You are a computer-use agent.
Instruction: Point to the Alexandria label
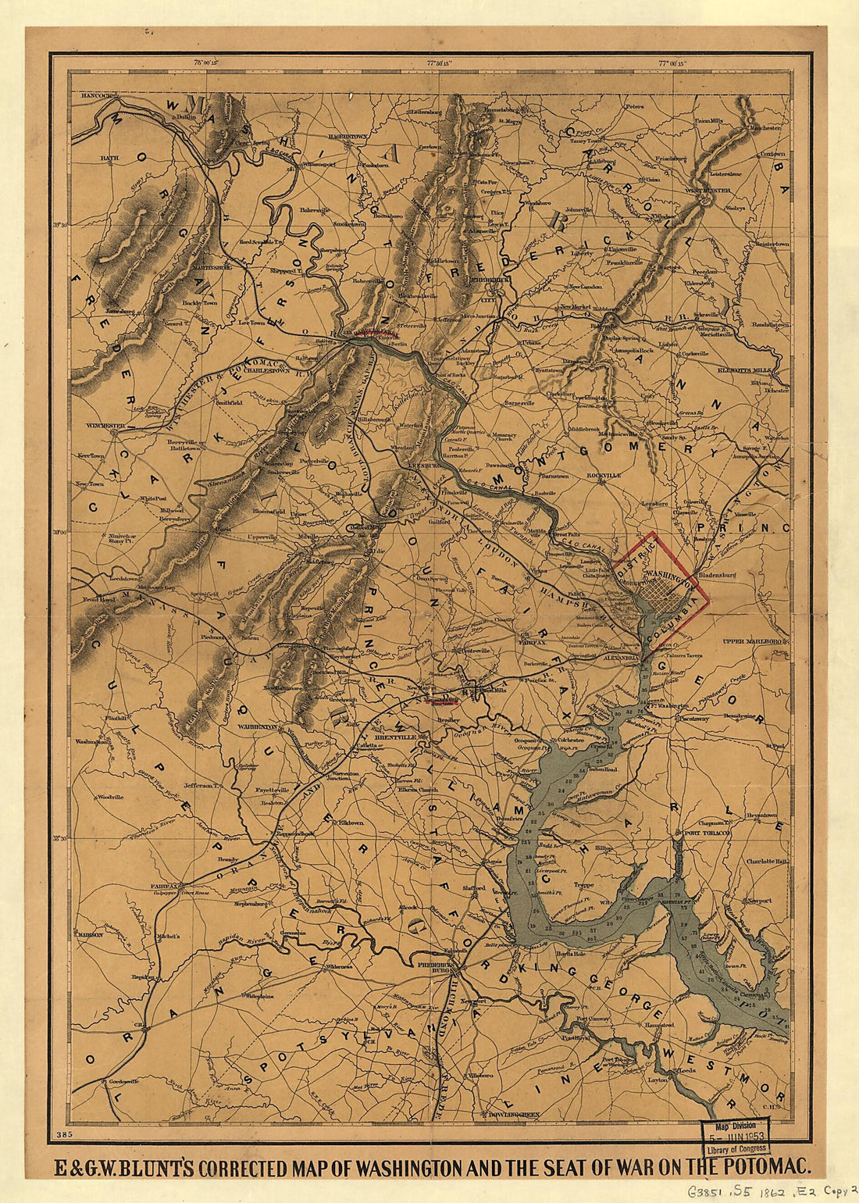point(621,659)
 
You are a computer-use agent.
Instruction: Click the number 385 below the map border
point(64,1133)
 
